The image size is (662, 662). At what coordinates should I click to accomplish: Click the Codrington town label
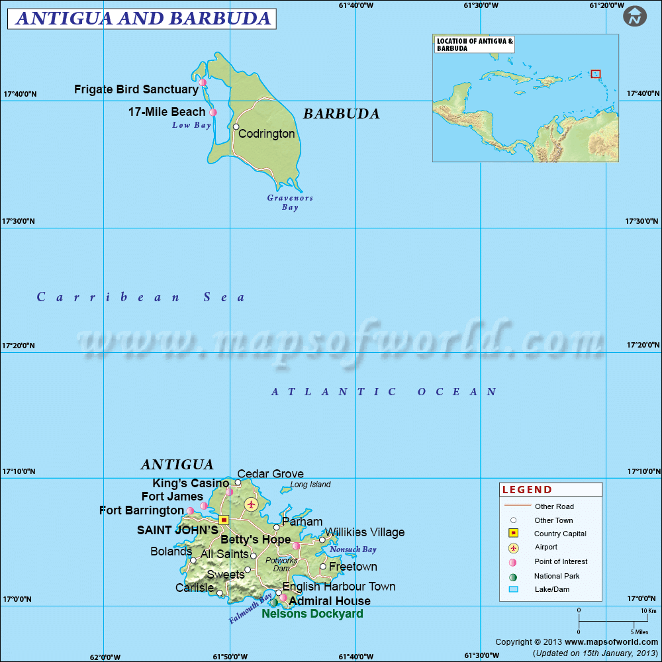[267, 134]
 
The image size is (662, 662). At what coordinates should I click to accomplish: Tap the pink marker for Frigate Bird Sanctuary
[203, 83]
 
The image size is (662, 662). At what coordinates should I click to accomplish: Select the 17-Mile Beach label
[167, 112]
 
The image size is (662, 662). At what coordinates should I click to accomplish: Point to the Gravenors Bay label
[290, 203]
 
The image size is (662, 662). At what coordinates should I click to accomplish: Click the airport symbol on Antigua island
[251, 504]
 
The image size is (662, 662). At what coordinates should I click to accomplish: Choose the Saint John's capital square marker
[224, 520]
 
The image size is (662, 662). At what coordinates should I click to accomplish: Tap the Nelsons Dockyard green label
[312, 614]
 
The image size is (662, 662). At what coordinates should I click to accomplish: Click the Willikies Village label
[364, 532]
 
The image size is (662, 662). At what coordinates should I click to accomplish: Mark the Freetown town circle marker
[323, 567]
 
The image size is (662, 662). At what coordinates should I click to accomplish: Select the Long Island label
[310, 485]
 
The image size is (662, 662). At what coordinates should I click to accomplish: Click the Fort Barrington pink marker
[190, 510]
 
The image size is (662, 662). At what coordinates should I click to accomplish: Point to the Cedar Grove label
[270, 474]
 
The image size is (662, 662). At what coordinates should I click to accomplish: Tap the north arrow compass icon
[635, 17]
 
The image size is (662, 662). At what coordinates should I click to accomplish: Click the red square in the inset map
[596, 74]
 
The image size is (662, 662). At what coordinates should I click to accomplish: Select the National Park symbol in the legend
[513, 577]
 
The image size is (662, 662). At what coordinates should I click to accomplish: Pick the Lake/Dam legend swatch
[513, 589]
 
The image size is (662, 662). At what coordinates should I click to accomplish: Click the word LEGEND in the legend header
[527, 490]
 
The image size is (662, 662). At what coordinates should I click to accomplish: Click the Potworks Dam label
[281, 564]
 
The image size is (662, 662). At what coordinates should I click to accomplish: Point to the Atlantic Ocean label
[384, 392]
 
